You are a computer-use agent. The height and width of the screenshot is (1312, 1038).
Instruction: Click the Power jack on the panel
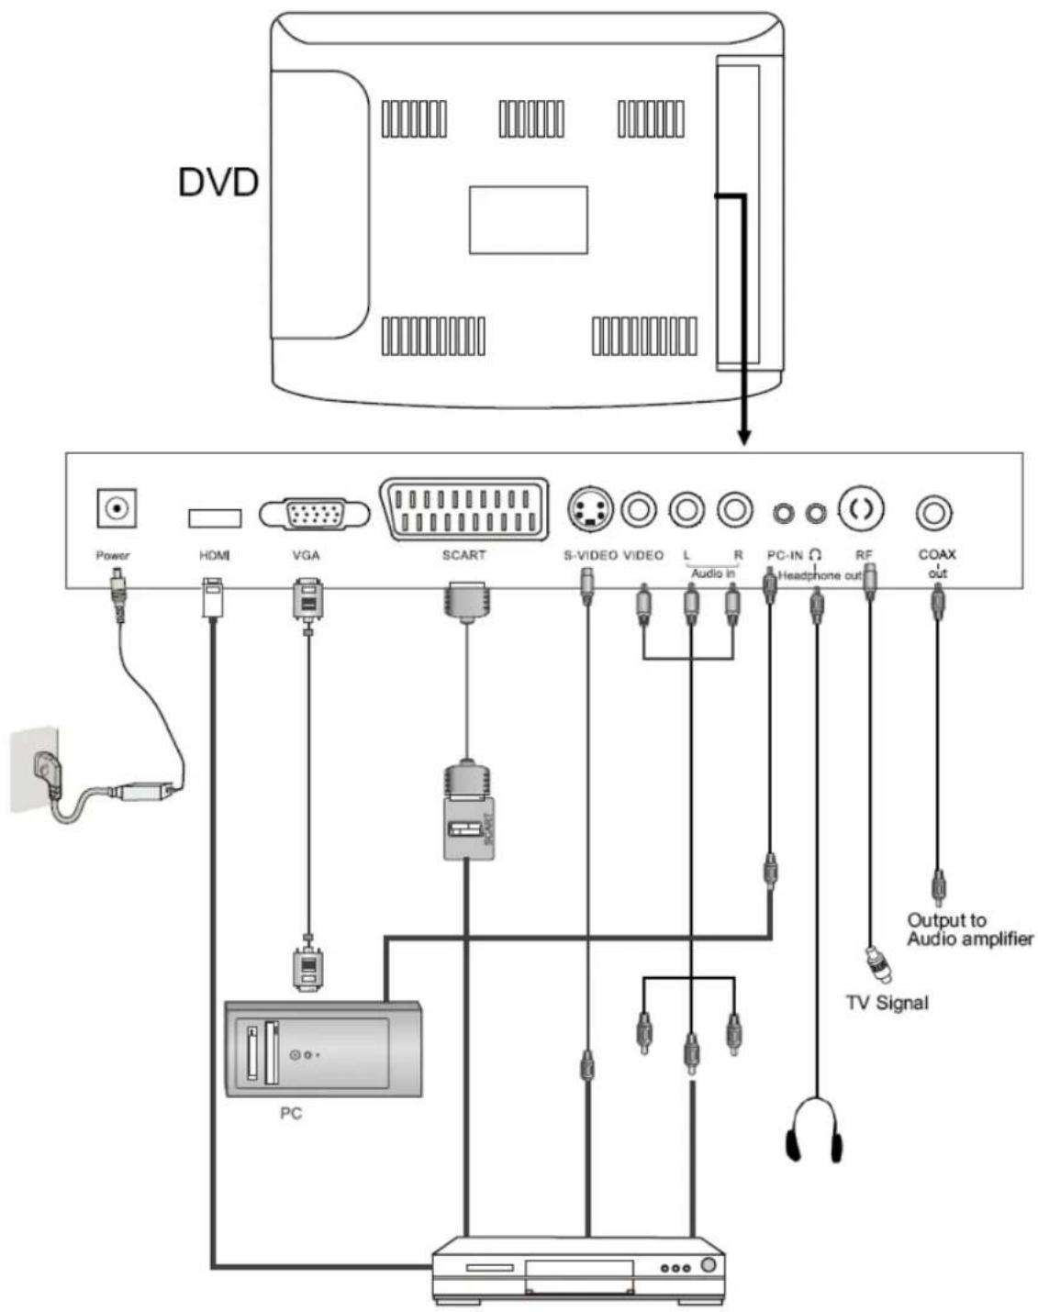(x=117, y=508)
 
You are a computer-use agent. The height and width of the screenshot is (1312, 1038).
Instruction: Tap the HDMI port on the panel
(x=215, y=517)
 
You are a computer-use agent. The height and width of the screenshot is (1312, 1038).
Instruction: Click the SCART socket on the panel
(x=464, y=510)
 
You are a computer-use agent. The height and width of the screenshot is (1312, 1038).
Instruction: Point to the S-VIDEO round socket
(x=588, y=509)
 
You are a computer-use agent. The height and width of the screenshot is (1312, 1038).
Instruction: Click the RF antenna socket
(x=862, y=508)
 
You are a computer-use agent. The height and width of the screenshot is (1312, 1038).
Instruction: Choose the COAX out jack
(x=934, y=512)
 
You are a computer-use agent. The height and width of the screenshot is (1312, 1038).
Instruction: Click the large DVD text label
(x=218, y=183)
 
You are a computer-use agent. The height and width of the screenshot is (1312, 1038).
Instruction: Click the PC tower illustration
(x=323, y=1049)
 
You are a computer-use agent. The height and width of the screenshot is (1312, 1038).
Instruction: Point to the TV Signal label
(x=887, y=1003)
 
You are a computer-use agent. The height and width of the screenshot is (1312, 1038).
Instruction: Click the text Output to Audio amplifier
(x=969, y=929)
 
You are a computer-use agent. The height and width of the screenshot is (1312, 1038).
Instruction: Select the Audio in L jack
(x=686, y=508)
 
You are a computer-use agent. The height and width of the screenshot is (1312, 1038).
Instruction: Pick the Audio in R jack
(x=734, y=508)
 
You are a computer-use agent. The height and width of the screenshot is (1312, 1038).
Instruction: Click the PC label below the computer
(x=290, y=1114)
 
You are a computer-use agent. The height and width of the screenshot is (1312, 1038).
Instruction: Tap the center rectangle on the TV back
(x=528, y=220)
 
